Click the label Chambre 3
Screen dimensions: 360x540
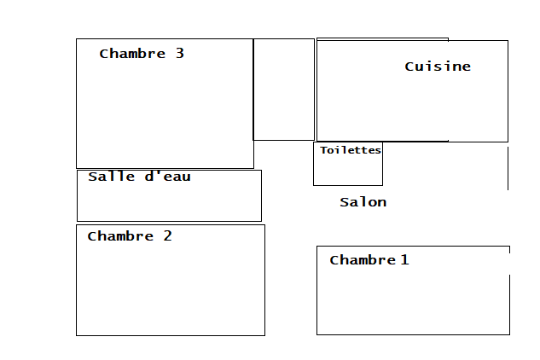point(142,54)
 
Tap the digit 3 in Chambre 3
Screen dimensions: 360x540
point(179,53)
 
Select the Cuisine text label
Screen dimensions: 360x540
point(438,67)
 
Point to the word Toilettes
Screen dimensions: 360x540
point(351,150)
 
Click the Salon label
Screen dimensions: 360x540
point(363,202)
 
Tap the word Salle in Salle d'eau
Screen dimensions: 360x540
point(107,177)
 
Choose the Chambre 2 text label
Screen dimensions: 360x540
point(130,236)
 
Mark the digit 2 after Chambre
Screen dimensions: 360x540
point(167,236)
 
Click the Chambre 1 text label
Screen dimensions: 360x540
point(369,260)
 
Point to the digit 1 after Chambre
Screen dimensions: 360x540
point(404,259)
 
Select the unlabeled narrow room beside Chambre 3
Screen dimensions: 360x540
point(284,90)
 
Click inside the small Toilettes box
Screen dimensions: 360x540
point(347,171)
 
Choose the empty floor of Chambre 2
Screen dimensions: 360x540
point(171,290)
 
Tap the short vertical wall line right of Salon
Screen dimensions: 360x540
point(508,168)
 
